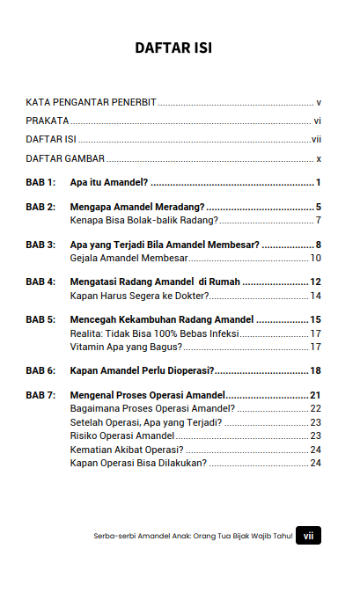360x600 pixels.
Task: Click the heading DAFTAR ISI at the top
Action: (173, 48)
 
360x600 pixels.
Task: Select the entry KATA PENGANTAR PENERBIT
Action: (91, 103)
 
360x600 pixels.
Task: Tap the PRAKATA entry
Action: (48, 121)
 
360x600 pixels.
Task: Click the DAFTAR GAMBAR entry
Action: (65, 159)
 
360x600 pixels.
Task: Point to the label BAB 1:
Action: (40, 183)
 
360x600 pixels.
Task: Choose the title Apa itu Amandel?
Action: (108, 183)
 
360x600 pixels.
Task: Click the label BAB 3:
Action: (40, 245)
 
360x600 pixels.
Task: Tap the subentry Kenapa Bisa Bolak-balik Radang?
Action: (144, 220)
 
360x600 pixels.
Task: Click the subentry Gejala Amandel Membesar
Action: (127, 258)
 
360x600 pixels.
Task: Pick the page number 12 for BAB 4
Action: (315, 282)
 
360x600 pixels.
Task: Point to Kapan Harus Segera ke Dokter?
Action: (138, 296)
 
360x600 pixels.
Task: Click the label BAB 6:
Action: (40, 371)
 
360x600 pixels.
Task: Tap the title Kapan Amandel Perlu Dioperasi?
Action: (143, 371)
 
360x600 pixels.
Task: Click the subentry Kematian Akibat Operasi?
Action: (126, 450)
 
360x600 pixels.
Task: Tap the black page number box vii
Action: (308, 535)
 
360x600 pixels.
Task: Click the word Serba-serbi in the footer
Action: (110, 536)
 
